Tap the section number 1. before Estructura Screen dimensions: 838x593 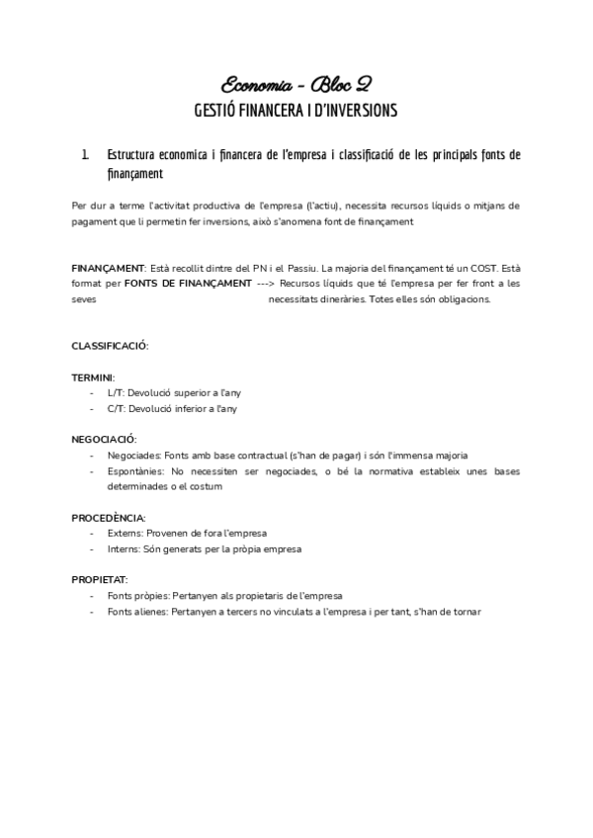[x=86, y=155]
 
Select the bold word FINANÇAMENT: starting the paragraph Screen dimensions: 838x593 [x=109, y=268]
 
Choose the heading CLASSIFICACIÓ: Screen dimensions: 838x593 [x=110, y=345]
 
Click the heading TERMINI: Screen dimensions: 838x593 [x=93, y=377]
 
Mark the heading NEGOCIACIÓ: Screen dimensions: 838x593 [x=104, y=439]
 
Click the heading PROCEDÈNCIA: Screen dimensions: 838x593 [x=109, y=518]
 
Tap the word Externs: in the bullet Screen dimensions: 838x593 [x=126, y=534]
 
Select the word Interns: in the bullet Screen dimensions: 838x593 [x=125, y=549]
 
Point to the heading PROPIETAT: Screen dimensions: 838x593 [x=100, y=580]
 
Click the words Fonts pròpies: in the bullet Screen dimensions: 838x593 [x=138, y=596]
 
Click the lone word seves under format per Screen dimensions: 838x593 [x=84, y=299]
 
